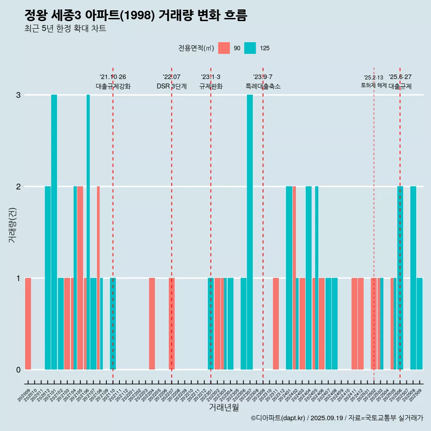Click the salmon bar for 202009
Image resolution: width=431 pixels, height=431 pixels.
pyautogui.click(x=28, y=323)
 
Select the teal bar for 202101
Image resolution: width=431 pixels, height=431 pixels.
pyautogui.click(x=54, y=232)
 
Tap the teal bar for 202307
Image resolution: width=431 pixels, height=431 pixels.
pyautogui.click(x=250, y=232)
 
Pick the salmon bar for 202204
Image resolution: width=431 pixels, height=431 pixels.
pyautogui.click(x=152, y=323)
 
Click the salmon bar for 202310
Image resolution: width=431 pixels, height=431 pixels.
pyautogui.click(x=276, y=323)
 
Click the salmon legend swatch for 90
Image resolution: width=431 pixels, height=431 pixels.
pyautogui.click(x=224, y=48)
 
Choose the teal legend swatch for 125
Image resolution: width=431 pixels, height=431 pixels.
pyautogui.click(x=250, y=48)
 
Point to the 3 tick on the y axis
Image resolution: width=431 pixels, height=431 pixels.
pyautogui.click(x=18, y=95)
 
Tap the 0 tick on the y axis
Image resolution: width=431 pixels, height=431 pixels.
pyautogui.click(x=18, y=369)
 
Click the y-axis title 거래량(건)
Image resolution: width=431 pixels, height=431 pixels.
pyautogui.click(x=12, y=224)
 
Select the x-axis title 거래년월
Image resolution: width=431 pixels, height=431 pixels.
pyautogui.click(x=224, y=407)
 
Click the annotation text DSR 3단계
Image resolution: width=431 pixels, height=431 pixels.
pyautogui.click(x=172, y=86)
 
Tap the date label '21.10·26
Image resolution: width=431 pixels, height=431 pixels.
pyautogui.click(x=113, y=77)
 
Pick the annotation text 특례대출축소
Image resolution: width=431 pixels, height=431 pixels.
pyautogui.click(x=263, y=86)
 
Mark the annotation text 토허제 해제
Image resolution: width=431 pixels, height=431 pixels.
pyautogui.click(x=374, y=85)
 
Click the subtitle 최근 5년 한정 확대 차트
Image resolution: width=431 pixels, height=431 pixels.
pyautogui.click(x=65, y=29)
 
